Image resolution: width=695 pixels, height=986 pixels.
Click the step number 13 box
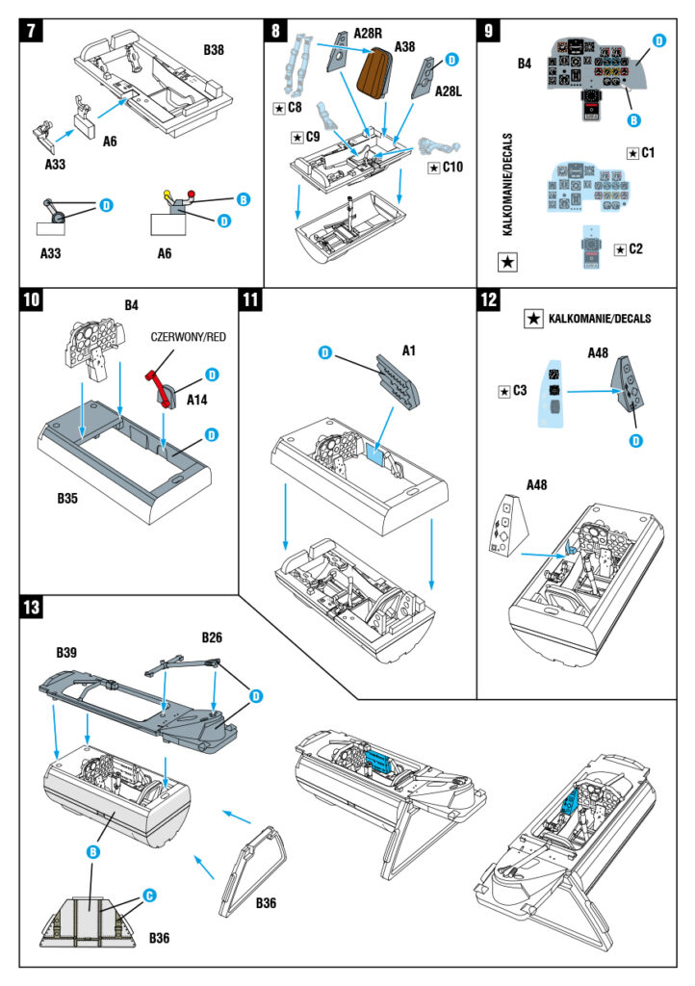(x=33, y=609)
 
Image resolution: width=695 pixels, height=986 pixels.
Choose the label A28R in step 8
(x=368, y=32)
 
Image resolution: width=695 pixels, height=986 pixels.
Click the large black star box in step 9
(x=509, y=261)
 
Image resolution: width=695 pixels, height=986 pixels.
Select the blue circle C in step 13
(x=149, y=895)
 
